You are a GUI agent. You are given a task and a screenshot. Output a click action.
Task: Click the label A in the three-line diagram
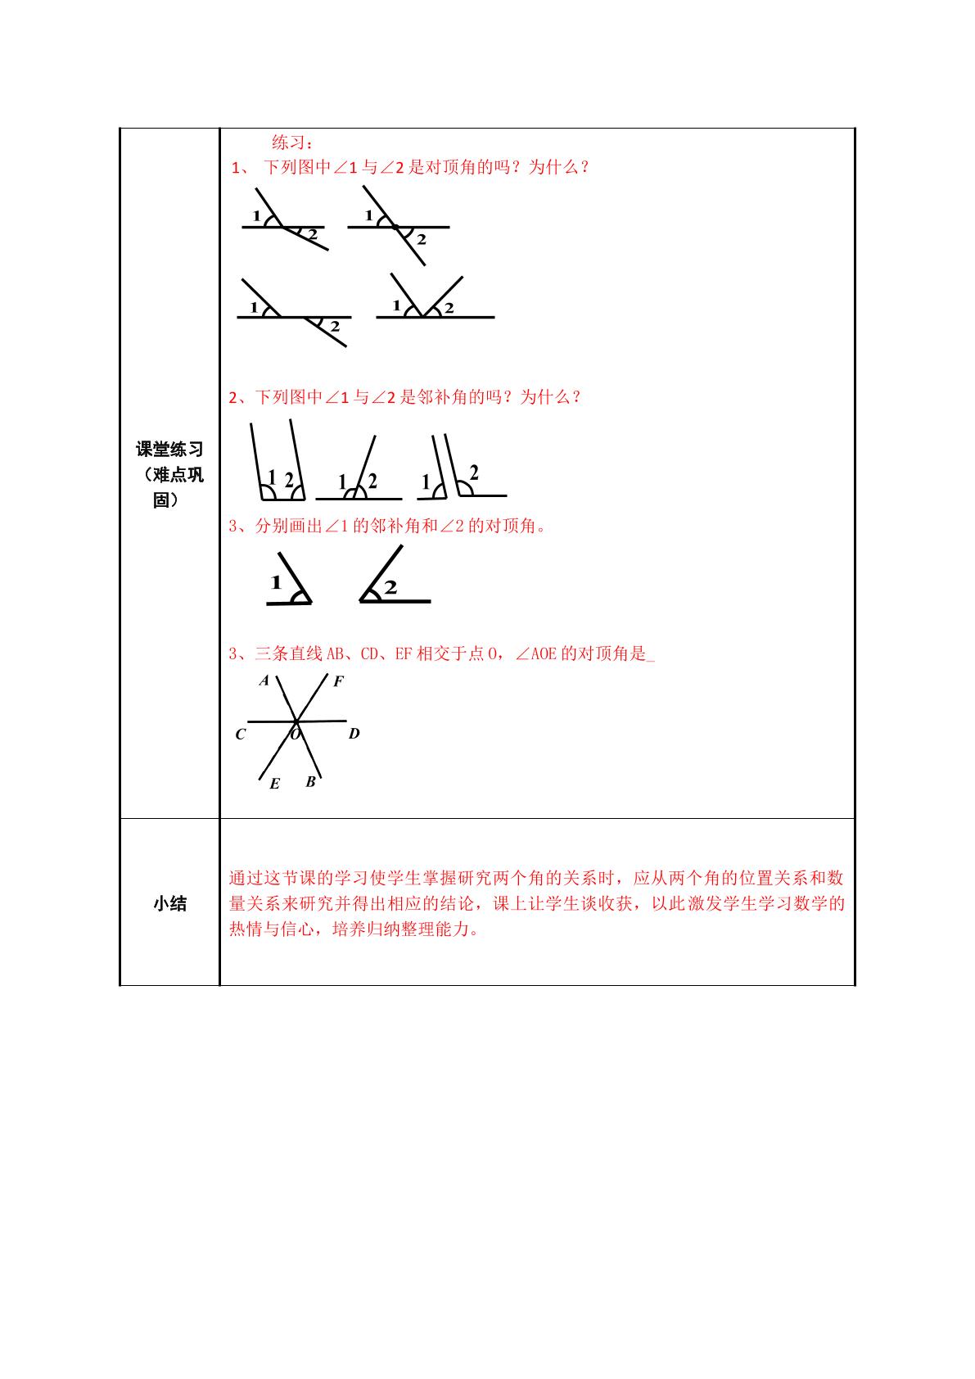pos(264,680)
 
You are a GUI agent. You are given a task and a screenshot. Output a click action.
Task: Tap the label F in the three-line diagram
pos(338,680)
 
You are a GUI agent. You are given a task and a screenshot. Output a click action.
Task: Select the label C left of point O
pos(240,735)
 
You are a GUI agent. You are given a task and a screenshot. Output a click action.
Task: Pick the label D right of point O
pos(354,733)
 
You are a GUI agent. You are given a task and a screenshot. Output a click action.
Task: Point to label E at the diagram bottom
pos(274,784)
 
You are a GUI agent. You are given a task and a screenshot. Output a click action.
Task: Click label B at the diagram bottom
pos(311,782)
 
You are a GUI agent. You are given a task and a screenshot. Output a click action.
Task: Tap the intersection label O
pos(296,734)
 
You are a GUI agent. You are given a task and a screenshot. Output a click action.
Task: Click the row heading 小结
pos(170,904)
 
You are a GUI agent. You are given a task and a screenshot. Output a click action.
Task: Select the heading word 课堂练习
pos(170,449)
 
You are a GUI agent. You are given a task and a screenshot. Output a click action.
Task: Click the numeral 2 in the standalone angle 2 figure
pos(390,588)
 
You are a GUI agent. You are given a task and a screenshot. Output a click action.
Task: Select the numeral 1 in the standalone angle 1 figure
pos(276,581)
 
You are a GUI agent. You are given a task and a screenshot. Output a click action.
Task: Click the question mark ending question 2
pos(576,397)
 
